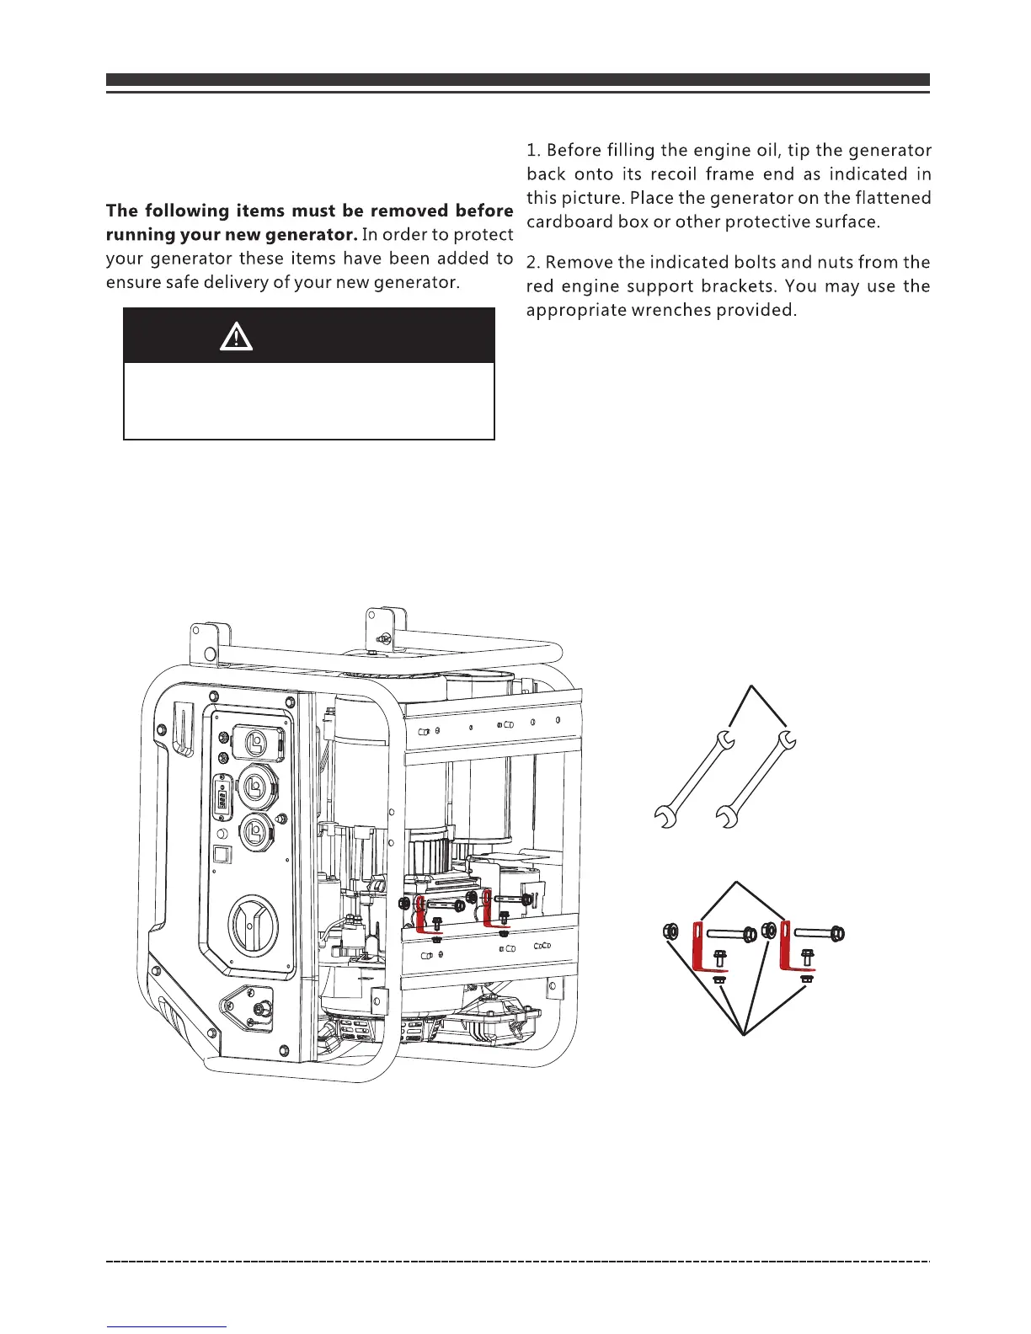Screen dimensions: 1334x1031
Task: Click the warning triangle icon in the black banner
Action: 237,337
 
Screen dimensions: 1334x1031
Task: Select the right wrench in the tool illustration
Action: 756,779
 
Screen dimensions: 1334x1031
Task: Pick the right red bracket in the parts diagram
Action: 788,947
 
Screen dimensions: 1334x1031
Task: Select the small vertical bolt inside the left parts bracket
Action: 719,957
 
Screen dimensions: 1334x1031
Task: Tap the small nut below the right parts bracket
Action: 806,980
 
